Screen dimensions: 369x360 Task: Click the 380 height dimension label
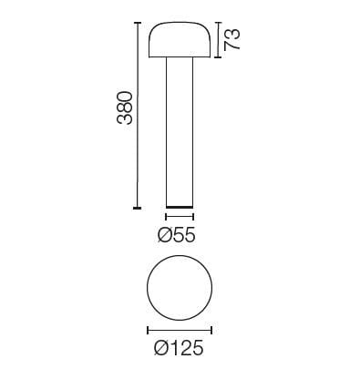127,108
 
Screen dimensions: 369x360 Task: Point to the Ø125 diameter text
179,348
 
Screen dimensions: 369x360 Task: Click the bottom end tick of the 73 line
218,57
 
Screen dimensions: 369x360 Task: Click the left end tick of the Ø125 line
148,329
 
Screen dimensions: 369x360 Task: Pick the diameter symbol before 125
159,348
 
